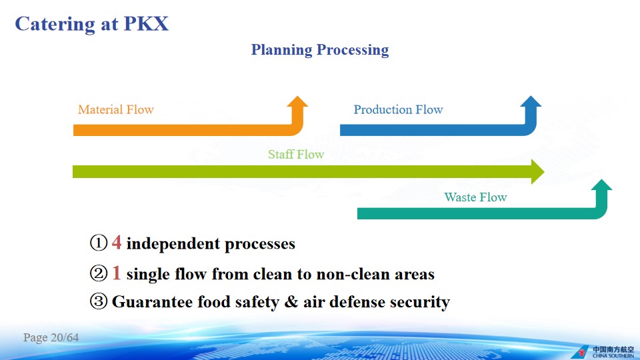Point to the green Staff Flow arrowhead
[537, 171]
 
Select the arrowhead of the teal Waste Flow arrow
[601, 185]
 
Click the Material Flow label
[116, 109]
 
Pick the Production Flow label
[398, 109]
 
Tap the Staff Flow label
[296, 154]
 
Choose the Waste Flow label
[475, 197]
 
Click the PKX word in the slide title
[146, 24]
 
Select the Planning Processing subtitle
[319, 50]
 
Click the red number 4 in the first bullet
[116, 243]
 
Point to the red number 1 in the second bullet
[116, 273]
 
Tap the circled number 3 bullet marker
[99, 301]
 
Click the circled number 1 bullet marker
[99, 243]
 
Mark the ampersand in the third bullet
[291, 301]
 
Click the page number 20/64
[65, 337]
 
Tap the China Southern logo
[603, 352]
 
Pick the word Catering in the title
[55, 25]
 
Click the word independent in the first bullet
[173, 244]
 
